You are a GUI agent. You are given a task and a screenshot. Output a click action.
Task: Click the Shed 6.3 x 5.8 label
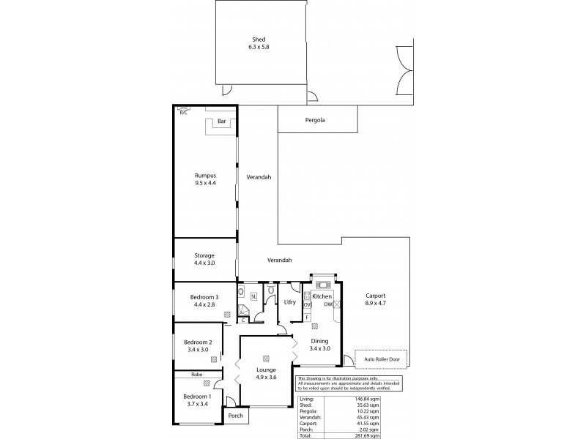tap(258, 44)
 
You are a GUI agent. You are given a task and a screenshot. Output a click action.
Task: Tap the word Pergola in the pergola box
tap(316, 119)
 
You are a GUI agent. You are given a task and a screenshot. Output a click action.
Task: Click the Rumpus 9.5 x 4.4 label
tap(206, 179)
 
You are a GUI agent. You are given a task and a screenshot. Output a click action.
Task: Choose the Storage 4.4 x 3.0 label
tap(204, 260)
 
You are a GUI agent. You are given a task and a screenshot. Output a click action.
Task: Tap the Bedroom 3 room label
tap(204, 301)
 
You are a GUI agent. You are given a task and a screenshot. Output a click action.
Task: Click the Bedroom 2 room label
tap(198, 347)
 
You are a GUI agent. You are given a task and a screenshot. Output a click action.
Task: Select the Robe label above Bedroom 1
tap(196, 374)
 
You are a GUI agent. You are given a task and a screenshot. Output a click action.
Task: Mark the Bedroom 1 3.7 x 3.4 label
tap(198, 401)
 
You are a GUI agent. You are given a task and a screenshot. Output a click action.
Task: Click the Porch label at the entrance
tap(235, 416)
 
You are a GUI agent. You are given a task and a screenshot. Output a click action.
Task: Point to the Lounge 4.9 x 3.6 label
tap(265, 373)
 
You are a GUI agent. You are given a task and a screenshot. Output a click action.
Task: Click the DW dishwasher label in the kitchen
tap(330, 304)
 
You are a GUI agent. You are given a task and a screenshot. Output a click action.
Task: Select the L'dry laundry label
tap(289, 301)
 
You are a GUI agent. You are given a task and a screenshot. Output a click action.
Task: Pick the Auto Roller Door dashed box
tap(381, 359)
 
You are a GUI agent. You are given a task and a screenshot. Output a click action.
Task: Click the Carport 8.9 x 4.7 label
tap(379, 301)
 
